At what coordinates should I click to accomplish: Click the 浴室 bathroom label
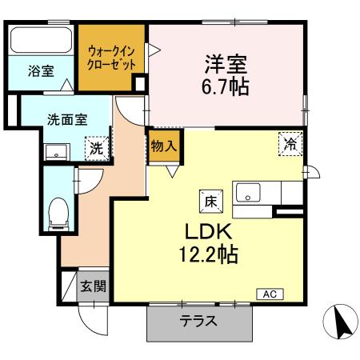click(42, 71)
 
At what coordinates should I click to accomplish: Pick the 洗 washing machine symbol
click(95, 149)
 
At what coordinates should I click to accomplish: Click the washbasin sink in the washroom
click(56, 151)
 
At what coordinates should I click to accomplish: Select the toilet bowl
click(58, 212)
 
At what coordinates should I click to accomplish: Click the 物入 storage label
click(165, 147)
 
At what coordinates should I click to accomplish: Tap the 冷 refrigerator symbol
click(288, 144)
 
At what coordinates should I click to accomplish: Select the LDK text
click(208, 233)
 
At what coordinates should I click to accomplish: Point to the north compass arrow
click(339, 322)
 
